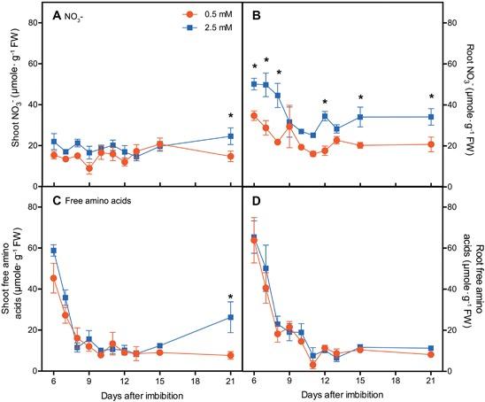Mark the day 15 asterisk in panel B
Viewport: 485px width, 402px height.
click(360, 98)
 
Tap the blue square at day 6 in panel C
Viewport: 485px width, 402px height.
click(53, 251)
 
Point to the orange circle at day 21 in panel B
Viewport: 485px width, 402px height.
click(431, 145)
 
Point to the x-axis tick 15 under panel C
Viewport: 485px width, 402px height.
click(159, 379)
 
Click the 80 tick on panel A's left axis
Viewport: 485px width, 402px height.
click(33, 21)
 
